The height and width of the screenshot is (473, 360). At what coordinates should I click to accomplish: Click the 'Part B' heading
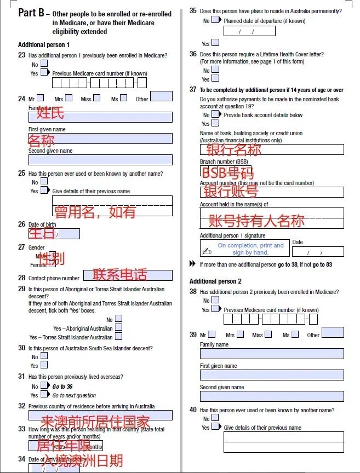[31, 13]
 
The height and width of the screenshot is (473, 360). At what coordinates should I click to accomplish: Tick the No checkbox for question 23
[44, 64]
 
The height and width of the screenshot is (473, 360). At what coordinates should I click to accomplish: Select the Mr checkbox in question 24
[40, 99]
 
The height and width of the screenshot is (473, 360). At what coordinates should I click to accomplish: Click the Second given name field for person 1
[100, 160]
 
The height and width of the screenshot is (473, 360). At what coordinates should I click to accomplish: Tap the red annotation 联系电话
[120, 275]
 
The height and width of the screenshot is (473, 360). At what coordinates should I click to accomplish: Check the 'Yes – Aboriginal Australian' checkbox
[118, 328]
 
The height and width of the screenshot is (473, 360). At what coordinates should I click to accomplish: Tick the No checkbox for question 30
[44, 356]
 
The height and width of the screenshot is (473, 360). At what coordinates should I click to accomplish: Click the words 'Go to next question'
[74, 395]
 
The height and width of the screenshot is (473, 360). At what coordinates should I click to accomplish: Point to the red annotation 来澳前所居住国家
[95, 422]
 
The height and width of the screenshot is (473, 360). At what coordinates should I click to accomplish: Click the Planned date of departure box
[249, 31]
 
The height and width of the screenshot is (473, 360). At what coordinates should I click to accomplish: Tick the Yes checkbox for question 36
[214, 79]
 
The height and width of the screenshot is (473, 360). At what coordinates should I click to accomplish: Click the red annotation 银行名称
[234, 149]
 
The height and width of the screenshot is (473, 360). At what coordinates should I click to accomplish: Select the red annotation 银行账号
[231, 192]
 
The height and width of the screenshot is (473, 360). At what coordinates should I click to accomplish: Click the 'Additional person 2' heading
[215, 281]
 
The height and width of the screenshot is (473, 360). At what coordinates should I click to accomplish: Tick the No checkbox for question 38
[215, 300]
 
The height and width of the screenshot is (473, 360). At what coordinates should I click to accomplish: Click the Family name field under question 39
[272, 354]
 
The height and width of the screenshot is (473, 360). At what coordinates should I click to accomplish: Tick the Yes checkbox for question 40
[214, 427]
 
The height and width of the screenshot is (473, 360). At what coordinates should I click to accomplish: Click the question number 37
[193, 89]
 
